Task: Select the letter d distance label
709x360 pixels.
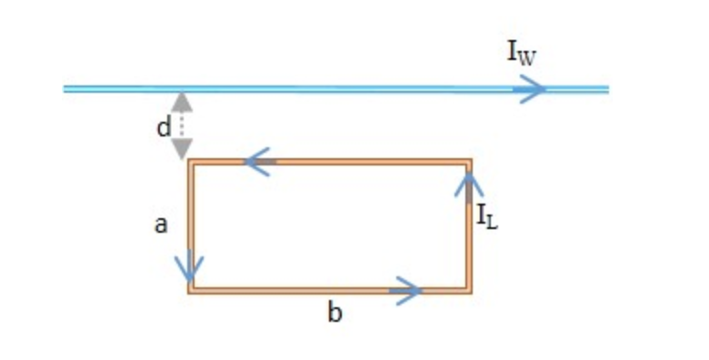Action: (x=164, y=128)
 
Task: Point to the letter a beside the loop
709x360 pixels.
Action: (x=160, y=224)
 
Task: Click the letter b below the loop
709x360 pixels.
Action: (x=335, y=315)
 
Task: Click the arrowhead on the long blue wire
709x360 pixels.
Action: (x=532, y=89)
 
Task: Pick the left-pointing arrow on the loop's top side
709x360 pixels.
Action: (x=258, y=164)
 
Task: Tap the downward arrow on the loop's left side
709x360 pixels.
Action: (x=191, y=267)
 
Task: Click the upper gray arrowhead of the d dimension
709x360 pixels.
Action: (x=183, y=101)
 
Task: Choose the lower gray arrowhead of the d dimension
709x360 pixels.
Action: (x=183, y=147)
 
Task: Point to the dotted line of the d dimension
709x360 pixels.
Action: (x=183, y=125)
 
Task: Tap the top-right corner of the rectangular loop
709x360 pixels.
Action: (x=469, y=163)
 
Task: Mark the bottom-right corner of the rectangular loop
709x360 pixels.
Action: (x=469, y=290)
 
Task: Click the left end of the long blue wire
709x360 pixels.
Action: (x=65, y=89)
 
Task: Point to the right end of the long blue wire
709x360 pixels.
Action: (x=605, y=89)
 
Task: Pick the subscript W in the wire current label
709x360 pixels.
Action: (x=529, y=56)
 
